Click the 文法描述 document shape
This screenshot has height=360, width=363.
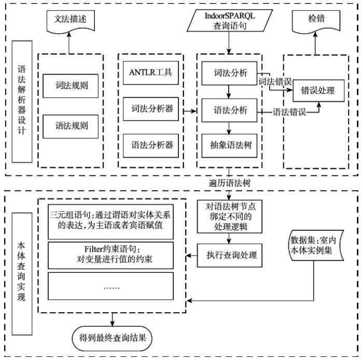(x=71, y=20)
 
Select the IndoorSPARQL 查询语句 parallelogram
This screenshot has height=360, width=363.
(x=230, y=20)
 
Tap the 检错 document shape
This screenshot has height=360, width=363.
(x=316, y=21)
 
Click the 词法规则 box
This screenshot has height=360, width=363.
(x=71, y=86)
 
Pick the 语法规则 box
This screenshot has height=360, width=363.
(x=71, y=127)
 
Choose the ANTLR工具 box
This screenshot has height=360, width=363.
(x=151, y=73)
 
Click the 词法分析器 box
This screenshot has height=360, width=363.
(x=151, y=109)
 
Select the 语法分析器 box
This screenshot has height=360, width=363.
(x=151, y=146)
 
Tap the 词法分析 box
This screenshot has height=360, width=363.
(x=229, y=73)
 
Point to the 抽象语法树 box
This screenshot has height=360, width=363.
(x=229, y=146)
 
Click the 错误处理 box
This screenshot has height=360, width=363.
(x=318, y=91)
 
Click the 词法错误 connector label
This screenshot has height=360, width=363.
(x=275, y=82)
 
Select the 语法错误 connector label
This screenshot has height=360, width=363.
(x=289, y=112)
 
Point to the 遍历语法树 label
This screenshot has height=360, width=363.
(x=229, y=183)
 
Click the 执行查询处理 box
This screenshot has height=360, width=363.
(x=229, y=255)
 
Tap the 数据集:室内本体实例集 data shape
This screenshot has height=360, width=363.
(x=316, y=245)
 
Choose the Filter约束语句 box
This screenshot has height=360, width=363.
(x=110, y=255)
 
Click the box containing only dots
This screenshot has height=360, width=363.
(x=110, y=286)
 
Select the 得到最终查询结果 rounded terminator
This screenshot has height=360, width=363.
(x=113, y=338)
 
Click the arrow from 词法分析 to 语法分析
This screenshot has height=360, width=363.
(x=229, y=92)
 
